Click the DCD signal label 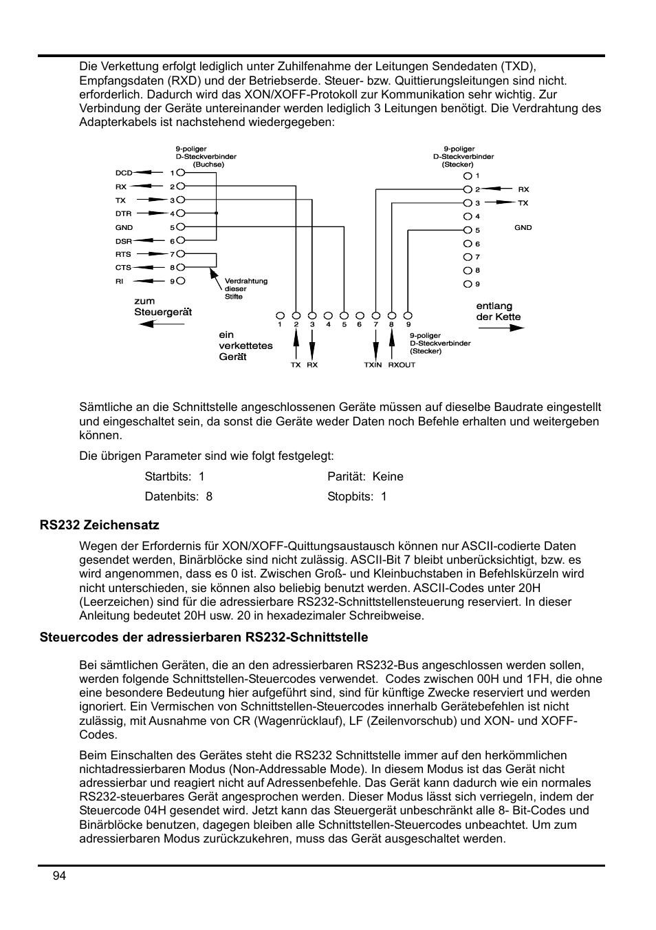click(x=123, y=173)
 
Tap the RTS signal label click(x=123, y=254)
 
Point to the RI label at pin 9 click(x=120, y=281)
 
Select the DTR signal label click(x=123, y=214)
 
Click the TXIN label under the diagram click(x=373, y=365)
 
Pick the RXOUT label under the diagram click(x=402, y=365)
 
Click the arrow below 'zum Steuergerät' click(x=156, y=324)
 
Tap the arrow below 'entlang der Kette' click(x=501, y=328)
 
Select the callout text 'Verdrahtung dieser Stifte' click(x=245, y=288)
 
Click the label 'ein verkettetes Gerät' click(x=245, y=346)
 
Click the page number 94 click(x=59, y=876)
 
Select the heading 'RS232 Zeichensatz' click(x=99, y=525)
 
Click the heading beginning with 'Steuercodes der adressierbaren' click(x=204, y=637)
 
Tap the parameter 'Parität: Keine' click(x=365, y=476)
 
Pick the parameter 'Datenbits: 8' click(x=178, y=496)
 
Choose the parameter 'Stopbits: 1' click(x=357, y=496)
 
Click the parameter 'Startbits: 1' click(x=175, y=476)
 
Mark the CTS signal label click(x=123, y=268)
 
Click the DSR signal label click(x=123, y=241)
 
